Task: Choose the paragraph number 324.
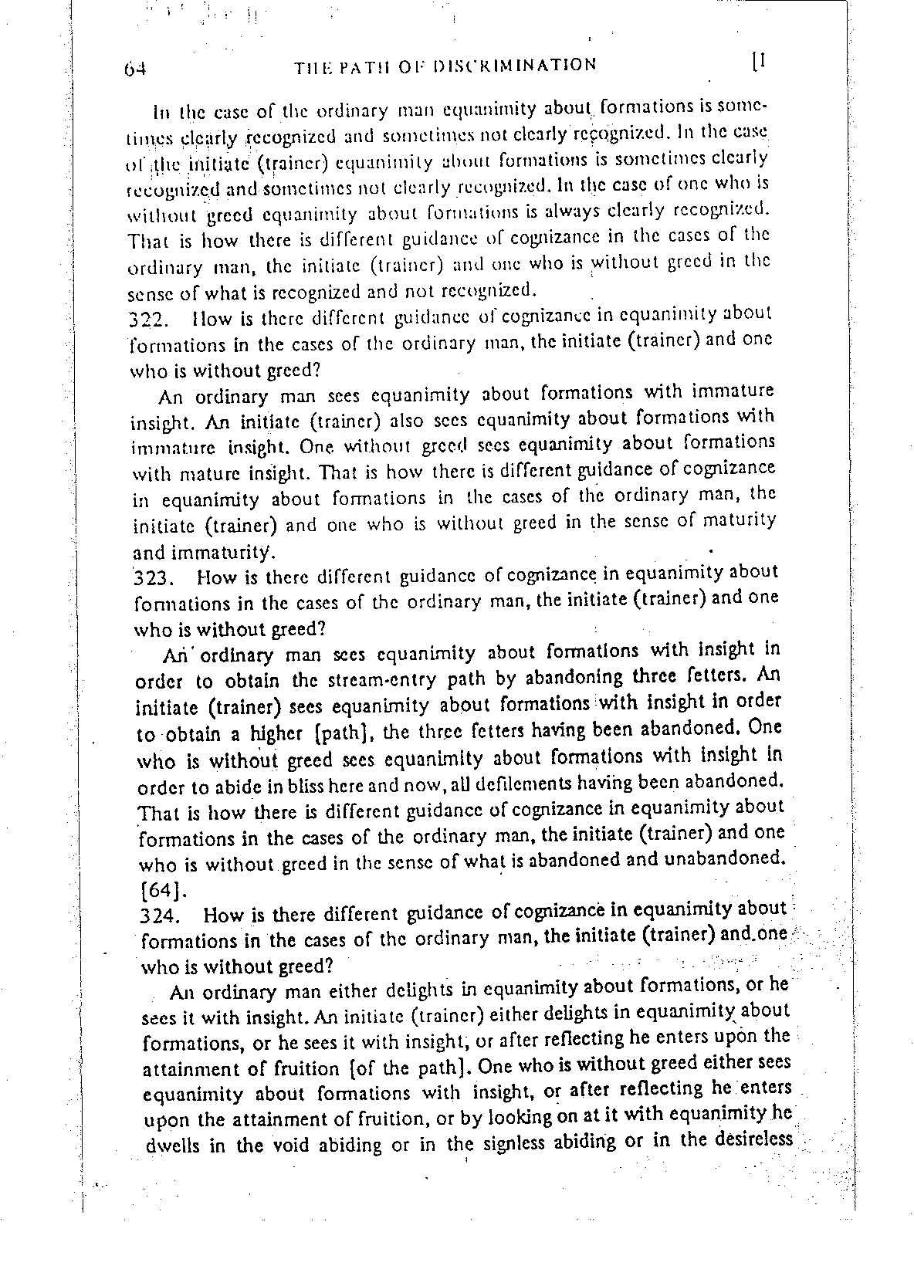point(161,917)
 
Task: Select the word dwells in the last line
point(174,1146)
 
